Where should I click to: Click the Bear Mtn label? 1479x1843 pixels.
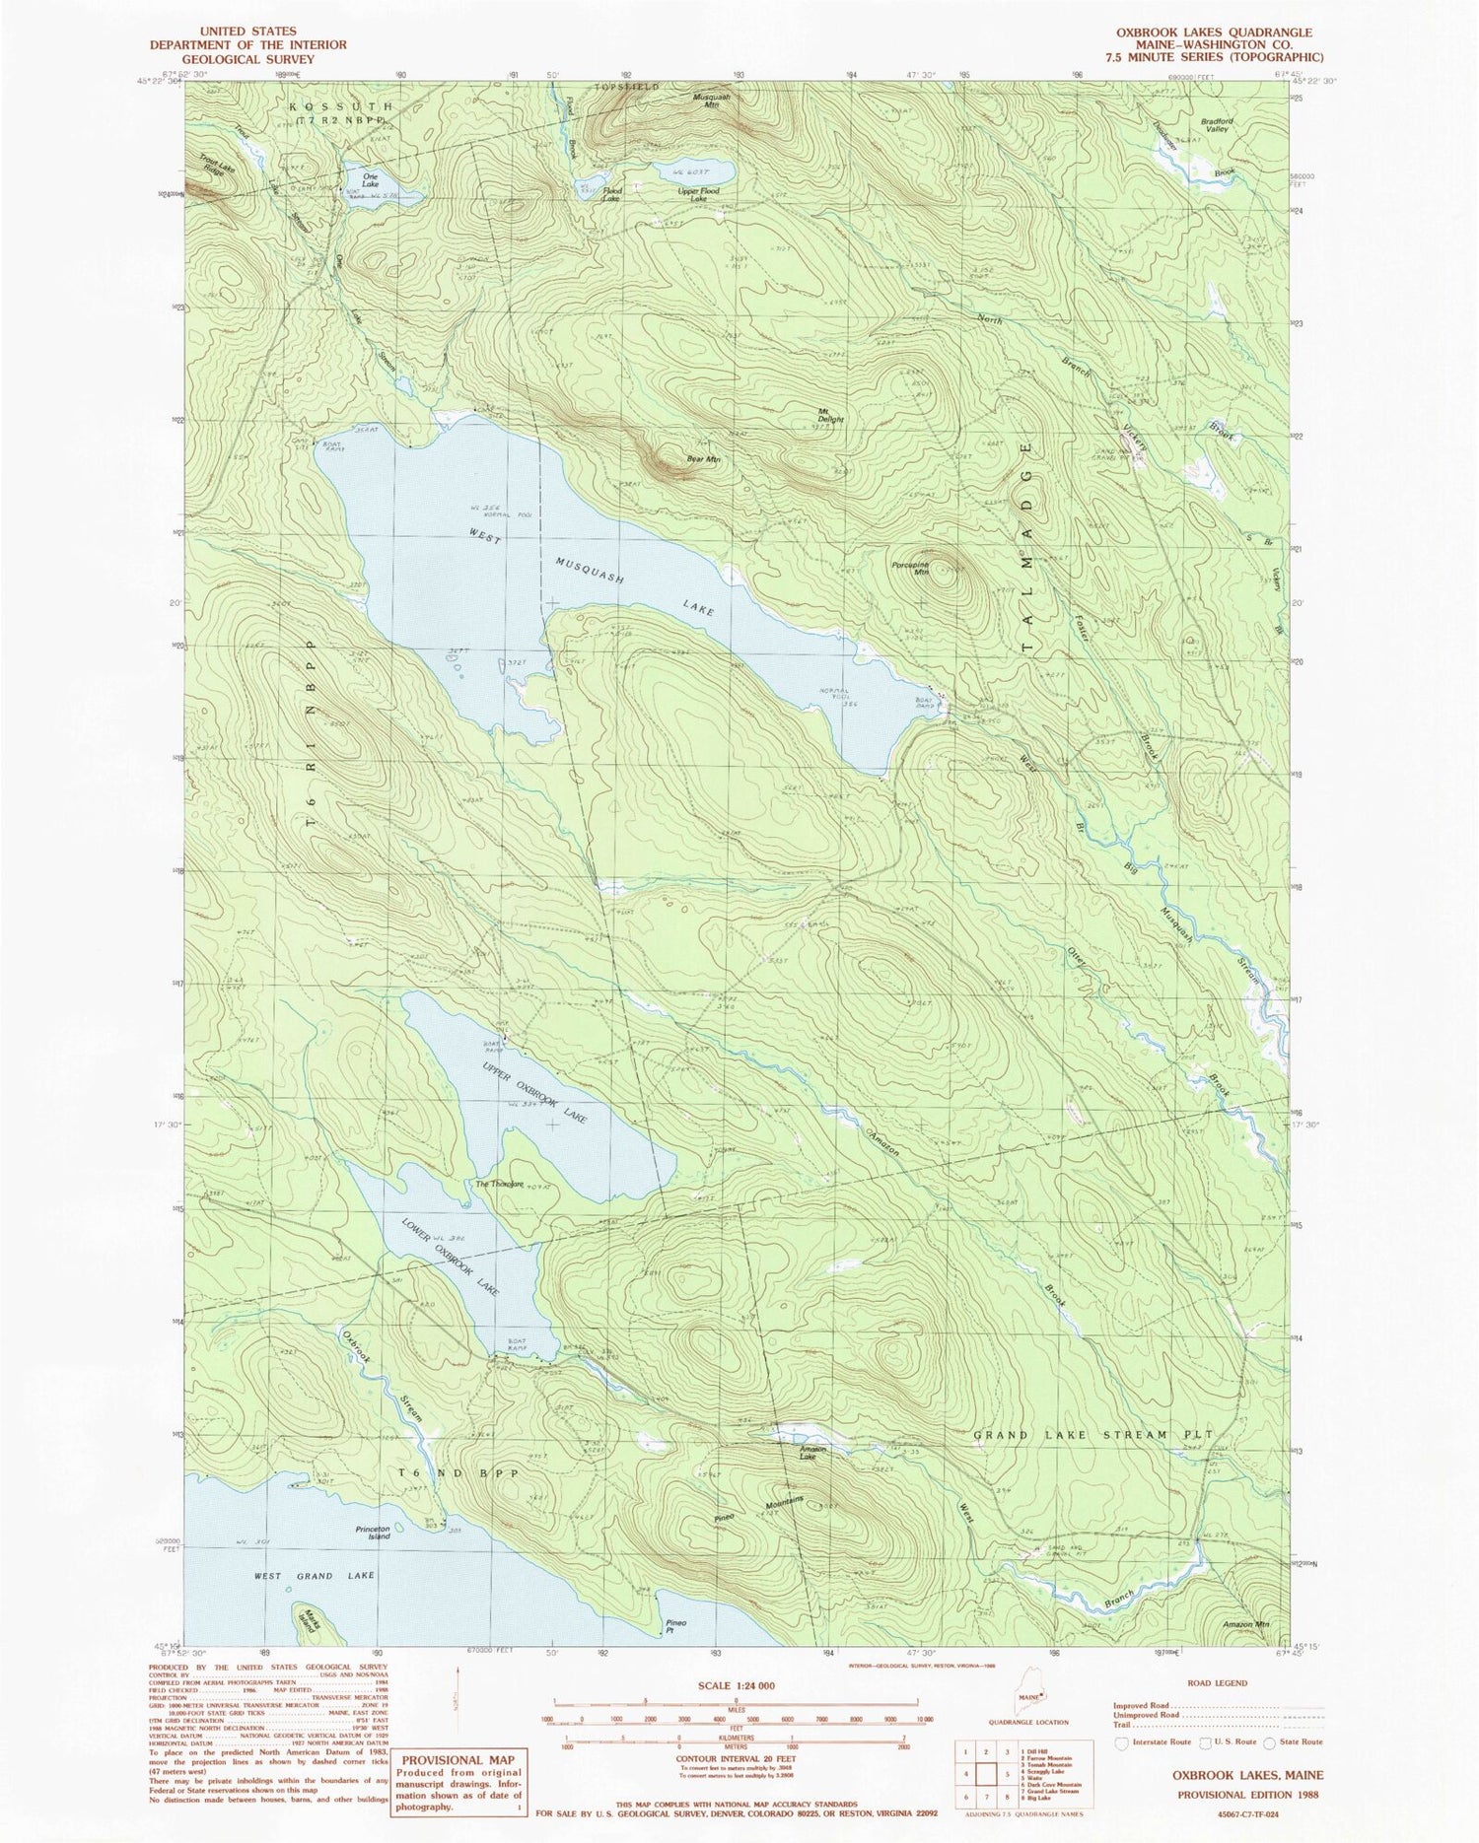pos(702,459)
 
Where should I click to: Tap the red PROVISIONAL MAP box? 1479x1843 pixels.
pos(459,1781)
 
